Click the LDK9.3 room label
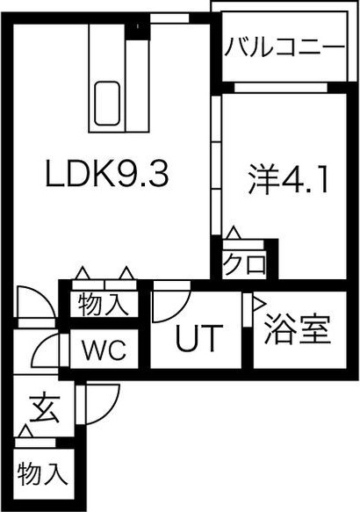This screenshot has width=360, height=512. point(107,173)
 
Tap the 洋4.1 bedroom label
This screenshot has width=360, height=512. point(287,179)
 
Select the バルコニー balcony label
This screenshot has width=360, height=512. point(284,47)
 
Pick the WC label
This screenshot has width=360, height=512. point(104,350)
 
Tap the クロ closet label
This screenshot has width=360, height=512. point(244,263)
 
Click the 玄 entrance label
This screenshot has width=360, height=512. point(45,409)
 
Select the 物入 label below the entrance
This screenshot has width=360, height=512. point(42,473)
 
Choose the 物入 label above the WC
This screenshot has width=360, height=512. point(103,304)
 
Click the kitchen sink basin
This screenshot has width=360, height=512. point(107,103)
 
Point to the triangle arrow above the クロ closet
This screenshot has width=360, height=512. point(234,233)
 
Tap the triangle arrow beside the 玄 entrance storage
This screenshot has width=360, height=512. point(25,431)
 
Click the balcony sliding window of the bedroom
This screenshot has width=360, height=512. point(281,88)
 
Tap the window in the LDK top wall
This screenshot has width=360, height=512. point(169,18)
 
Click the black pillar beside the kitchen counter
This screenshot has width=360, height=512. point(137,32)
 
